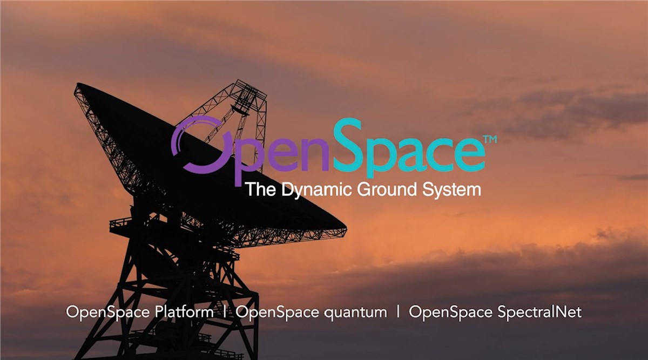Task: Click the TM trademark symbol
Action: tap(490, 139)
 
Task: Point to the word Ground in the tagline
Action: tap(387, 189)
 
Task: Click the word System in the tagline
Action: tap(451, 190)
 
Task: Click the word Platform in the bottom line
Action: tap(184, 312)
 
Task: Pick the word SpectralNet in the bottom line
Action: tap(539, 313)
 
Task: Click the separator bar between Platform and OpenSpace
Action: tap(225, 313)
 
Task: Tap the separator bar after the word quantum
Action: tap(398, 313)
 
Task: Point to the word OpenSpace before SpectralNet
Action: tap(450, 313)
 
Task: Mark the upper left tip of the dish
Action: tap(76, 84)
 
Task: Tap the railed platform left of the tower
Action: tap(120, 225)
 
